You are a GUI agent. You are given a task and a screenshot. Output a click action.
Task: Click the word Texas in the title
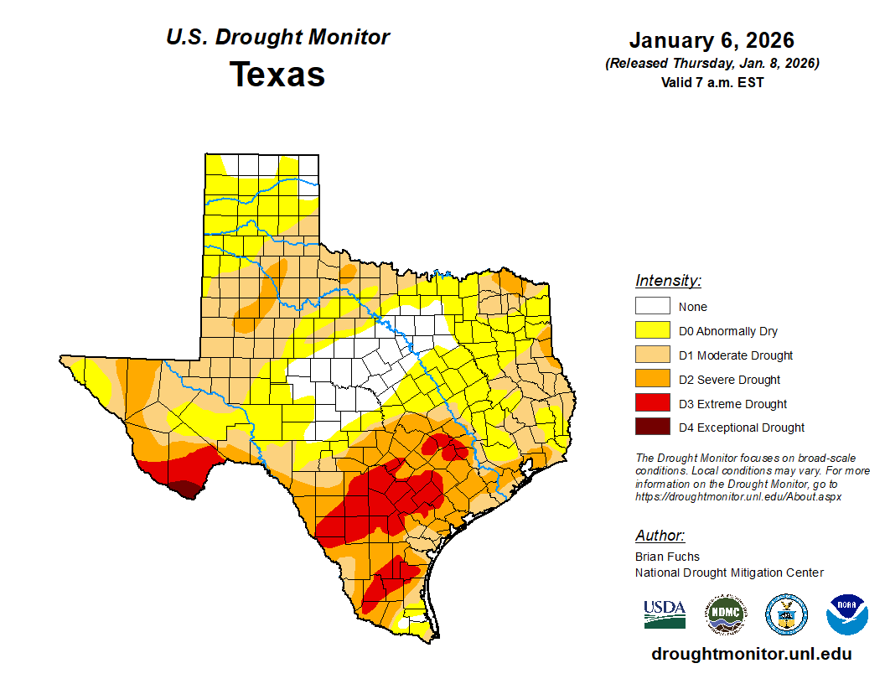pyautogui.click(x=277, y=75)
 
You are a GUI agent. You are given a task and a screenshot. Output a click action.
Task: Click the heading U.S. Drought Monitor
pyautogui.click(x=277, y=38)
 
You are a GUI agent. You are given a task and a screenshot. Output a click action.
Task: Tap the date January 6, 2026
pyautogui.click(x=712, y=40)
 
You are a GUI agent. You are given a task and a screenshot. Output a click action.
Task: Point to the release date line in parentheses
pyautogui.click(x=712, y=64)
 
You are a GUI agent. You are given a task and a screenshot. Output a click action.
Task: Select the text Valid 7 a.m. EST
pyautogui.click(x=712, y=82)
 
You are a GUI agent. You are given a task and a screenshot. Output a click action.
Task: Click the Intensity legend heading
pyautogui.click(x=668, y=281)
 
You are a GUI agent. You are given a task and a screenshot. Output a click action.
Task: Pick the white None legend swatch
pyautogui.click(x=652, y=307)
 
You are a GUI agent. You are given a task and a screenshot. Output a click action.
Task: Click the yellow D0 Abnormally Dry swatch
pyautogui.click(x=652, y=331)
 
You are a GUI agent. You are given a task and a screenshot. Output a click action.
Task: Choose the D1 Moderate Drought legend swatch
pyautogui.click(x=652, y=355)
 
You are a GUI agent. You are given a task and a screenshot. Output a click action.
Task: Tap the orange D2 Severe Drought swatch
pyautogui.click(x=652, y=380)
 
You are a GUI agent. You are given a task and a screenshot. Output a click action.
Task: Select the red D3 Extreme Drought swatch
pyautogui.click(x=652, y=404)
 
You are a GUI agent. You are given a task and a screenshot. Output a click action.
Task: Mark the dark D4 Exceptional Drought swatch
pyautogui.click(x=652, y=427)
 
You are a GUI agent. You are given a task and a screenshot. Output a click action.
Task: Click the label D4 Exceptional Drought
pyautogui.click(x=742, y=427)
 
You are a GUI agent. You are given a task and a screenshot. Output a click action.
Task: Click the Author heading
pyautogui.click(x=660, y=536)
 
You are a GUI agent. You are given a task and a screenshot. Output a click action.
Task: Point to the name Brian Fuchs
pyautogui.click(x=667, y=557)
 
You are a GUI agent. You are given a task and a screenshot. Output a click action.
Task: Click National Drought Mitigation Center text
pyautogui.click(x=729, y=573)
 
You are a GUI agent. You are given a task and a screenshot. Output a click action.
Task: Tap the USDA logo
pyautogui.click(x=665, y=614)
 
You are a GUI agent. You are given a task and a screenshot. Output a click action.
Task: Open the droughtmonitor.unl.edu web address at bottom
pyautogui.click(x=751, y=654)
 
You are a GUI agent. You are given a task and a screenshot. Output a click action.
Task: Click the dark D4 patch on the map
pyautogui.click(x=184, y=489)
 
